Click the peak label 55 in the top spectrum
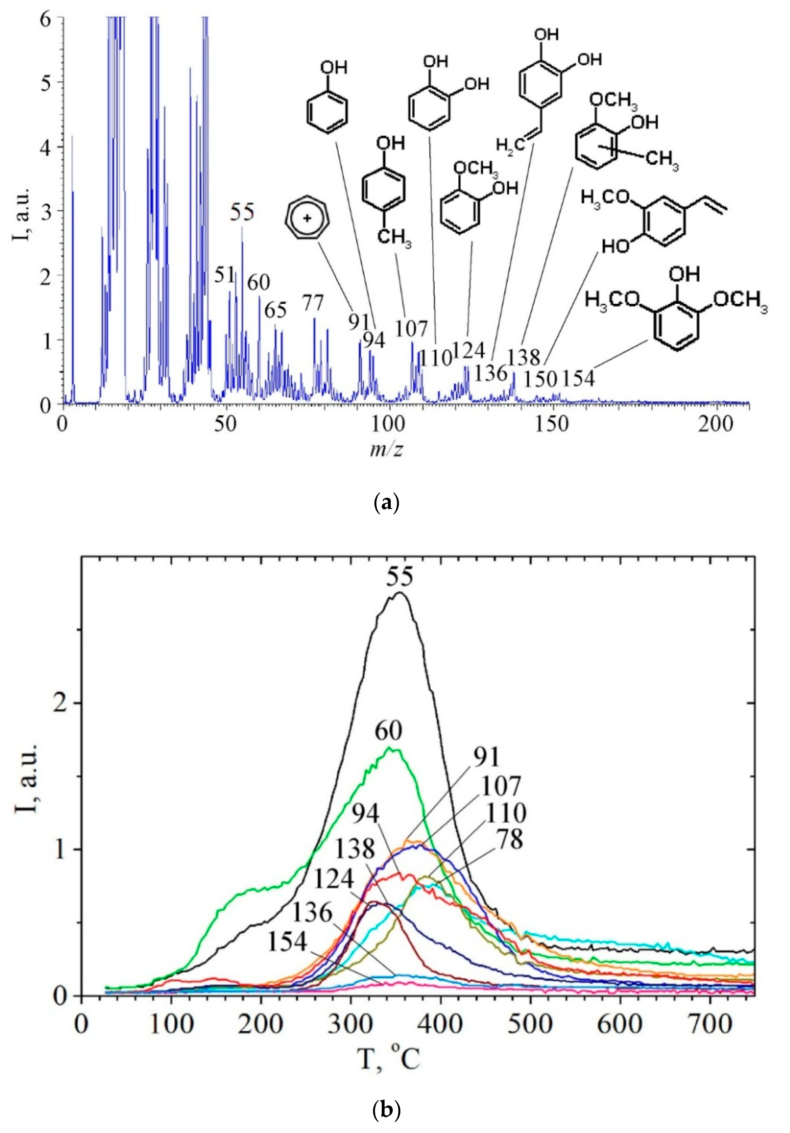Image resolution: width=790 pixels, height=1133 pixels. [x=242, y=213]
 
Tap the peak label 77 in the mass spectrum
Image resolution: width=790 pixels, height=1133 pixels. [x=313, y=303]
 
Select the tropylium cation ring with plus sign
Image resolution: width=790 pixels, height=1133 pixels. [x=307, y=219]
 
